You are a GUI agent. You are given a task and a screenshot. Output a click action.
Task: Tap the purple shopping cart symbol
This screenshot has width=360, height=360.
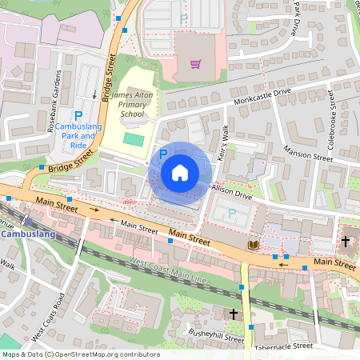[195, 64]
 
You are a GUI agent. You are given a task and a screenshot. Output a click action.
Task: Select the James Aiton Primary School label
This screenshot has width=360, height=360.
[132, 104]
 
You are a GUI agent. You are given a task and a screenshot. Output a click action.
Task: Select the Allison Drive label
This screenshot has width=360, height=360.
[232, 190]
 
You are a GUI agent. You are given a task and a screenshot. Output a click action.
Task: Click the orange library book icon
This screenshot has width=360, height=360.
[254, 243]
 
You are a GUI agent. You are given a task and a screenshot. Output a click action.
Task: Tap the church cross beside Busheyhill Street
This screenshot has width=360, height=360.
[234, 314]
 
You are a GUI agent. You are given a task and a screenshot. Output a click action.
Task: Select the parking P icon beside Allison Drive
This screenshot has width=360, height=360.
[231, 214]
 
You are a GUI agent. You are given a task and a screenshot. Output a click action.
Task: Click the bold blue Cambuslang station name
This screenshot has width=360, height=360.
[29, 234]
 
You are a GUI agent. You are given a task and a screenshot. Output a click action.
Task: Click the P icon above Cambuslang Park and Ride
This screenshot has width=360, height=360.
[79, 116]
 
